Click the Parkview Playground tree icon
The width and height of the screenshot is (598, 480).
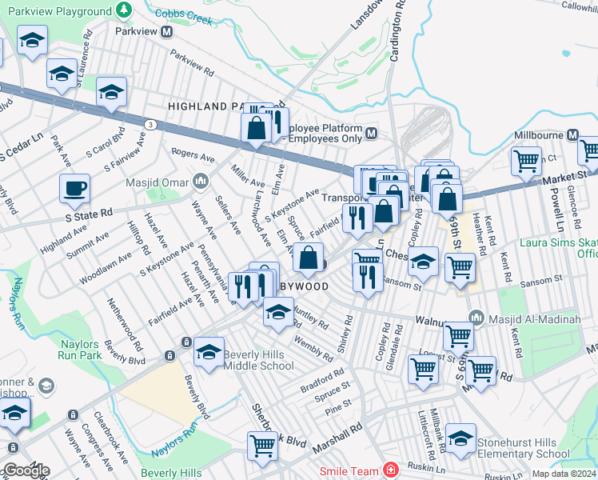[x=123, y=10]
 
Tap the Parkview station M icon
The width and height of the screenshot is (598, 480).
[x=168, y=32]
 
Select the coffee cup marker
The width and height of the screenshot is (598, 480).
[x=74, y=190]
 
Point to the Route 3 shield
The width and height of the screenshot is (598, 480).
[x=150, y=124]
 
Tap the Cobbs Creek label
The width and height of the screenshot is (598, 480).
[x=184, y=16]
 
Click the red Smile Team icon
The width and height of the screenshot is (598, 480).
[x=390, y=470]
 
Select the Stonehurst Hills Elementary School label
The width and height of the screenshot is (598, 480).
[x=523, y=448]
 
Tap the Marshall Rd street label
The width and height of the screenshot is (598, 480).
[x=333, y=438]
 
